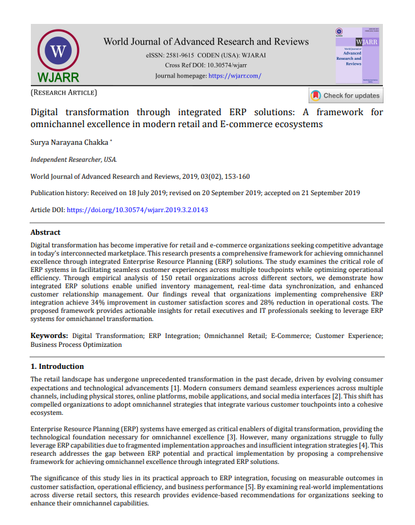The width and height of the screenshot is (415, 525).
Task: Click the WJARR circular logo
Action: point(59,51)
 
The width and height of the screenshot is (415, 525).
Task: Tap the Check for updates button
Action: point(346,96)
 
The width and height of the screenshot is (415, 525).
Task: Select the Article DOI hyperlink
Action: point(137,210)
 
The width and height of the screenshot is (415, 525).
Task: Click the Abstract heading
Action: point(46,232)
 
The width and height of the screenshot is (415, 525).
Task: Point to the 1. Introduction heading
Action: point(57,366)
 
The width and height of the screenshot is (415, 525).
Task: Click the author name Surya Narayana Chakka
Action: point(69,144)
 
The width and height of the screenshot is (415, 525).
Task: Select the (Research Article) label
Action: point(64,93)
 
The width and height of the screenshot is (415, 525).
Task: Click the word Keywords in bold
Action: point(49,336)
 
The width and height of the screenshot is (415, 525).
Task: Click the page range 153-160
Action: point(238,176)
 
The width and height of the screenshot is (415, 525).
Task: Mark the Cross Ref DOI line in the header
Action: point(207,65)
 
